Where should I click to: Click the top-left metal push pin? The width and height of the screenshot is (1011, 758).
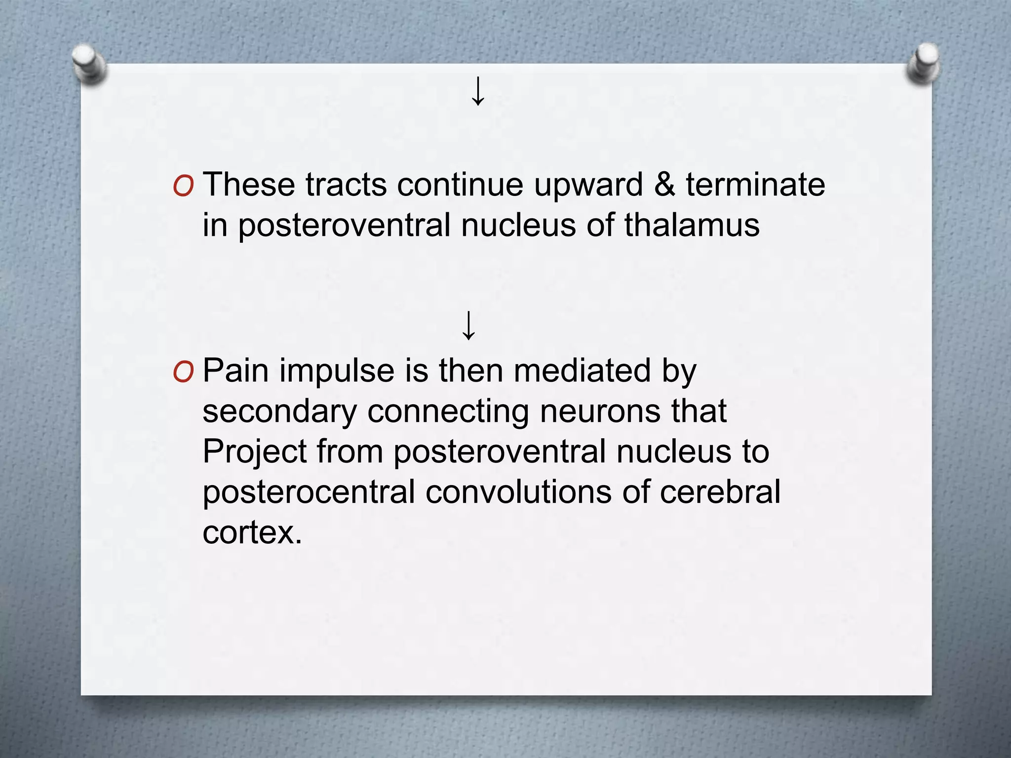(x=88, y=63)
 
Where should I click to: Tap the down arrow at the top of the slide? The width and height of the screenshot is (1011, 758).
(x=478, y=91)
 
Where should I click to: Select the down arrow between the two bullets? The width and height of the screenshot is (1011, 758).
(x=468, y=326)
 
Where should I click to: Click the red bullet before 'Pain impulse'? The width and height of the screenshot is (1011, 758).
(x=183, y=372)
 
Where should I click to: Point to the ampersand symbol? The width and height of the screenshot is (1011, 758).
(x=664, y=185)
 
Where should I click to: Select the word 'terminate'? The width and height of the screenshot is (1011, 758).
(x=755, y=185)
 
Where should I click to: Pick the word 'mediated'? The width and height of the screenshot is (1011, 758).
(x=582, y=371)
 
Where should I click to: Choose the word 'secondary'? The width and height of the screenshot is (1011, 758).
(x=279, y=412)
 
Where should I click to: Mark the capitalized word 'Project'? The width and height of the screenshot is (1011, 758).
(x=255, y=453)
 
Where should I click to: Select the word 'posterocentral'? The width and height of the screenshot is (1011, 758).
(x=309, y=493)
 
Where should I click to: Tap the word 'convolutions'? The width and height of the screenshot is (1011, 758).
(x=518, y=492)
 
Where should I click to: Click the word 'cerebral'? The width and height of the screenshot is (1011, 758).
(x=720, y=492)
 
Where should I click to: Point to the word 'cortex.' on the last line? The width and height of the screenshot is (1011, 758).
(x=252, y=533)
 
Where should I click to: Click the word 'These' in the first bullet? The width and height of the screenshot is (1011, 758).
(x=249, y=185)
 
